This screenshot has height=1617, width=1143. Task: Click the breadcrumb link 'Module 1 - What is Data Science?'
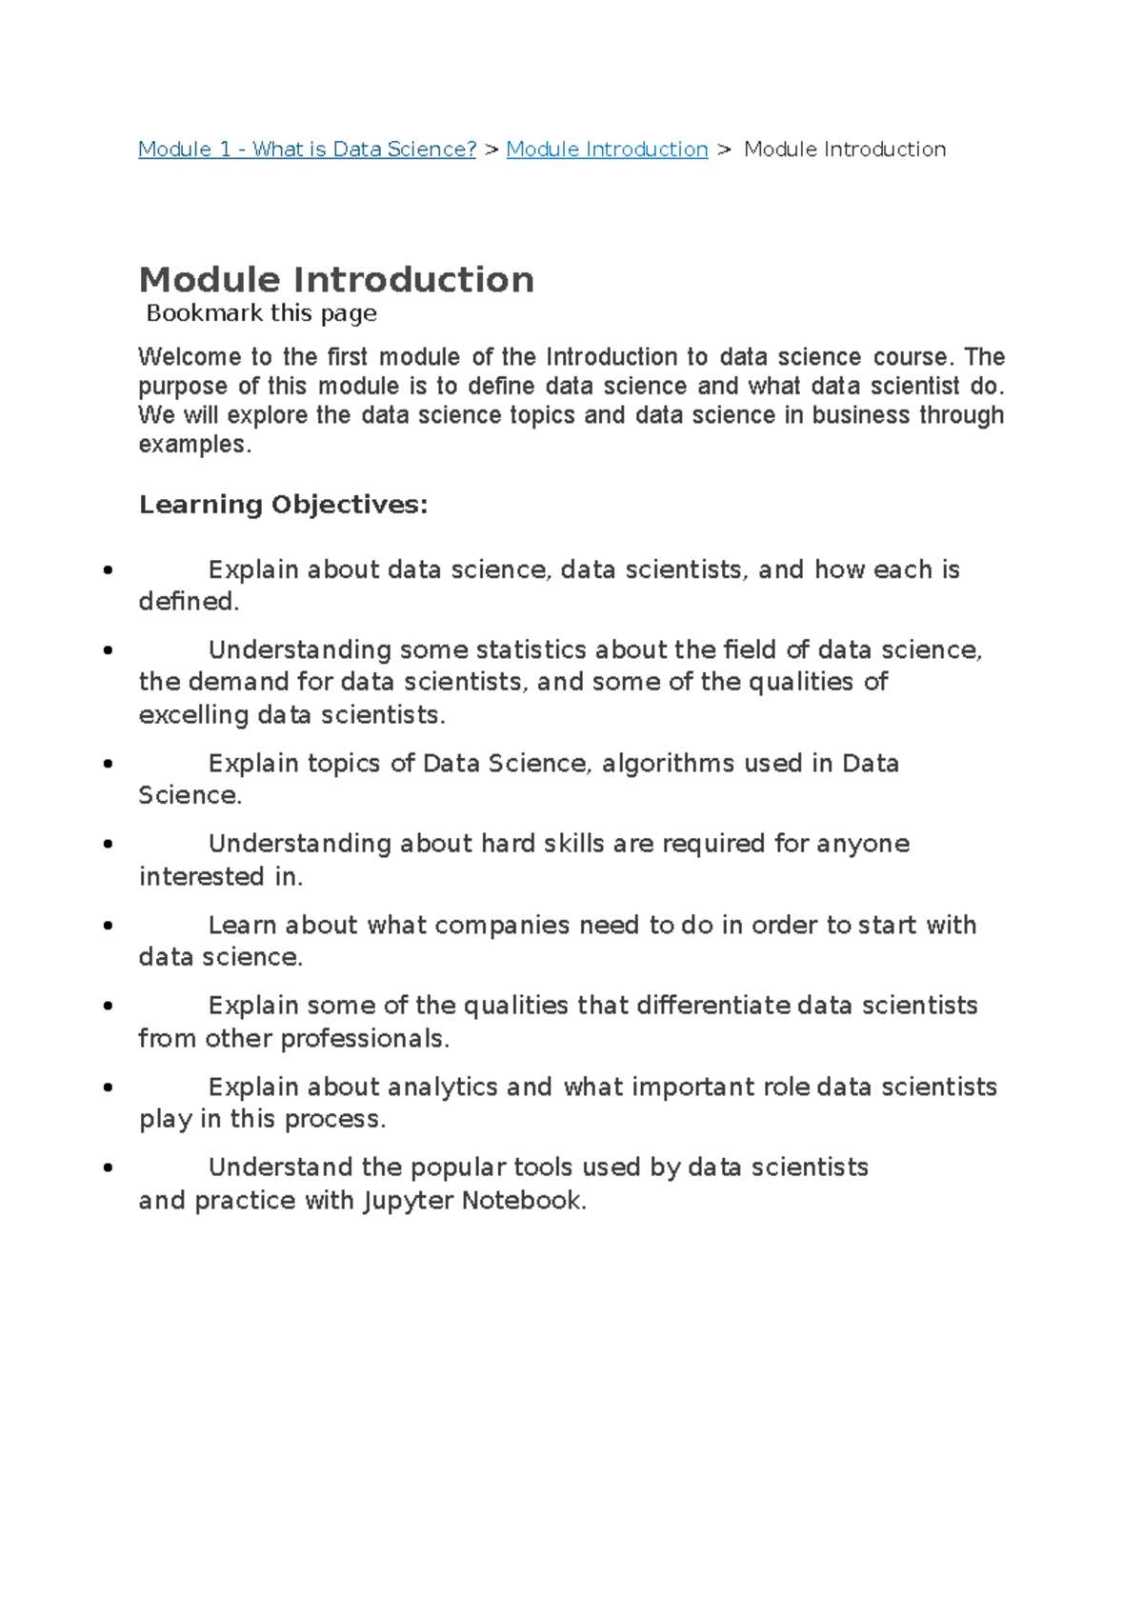(x=307, y=150)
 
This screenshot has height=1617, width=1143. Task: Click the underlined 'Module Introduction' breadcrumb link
(x=607, y=150)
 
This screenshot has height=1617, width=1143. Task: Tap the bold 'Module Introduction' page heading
(x=336, y=280)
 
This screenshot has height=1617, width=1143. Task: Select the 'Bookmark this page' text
(x=261, y=313)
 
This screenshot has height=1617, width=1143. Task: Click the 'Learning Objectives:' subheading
(x=283, y=504)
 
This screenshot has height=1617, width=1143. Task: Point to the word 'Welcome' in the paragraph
(x=190, y=357)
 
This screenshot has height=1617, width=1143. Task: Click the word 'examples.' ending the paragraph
(x=194, y=445)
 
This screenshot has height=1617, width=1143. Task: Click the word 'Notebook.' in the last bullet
(x=523, y=1201)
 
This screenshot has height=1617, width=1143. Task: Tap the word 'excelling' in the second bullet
(x=193, y=715)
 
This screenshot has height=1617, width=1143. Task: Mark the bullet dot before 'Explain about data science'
(x=108, y=570)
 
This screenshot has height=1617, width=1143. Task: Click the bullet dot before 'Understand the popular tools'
(x=108, y=1168)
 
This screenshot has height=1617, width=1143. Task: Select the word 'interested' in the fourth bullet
(x=202, y=877)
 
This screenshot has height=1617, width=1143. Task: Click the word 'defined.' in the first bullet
(x=189, y=602)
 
